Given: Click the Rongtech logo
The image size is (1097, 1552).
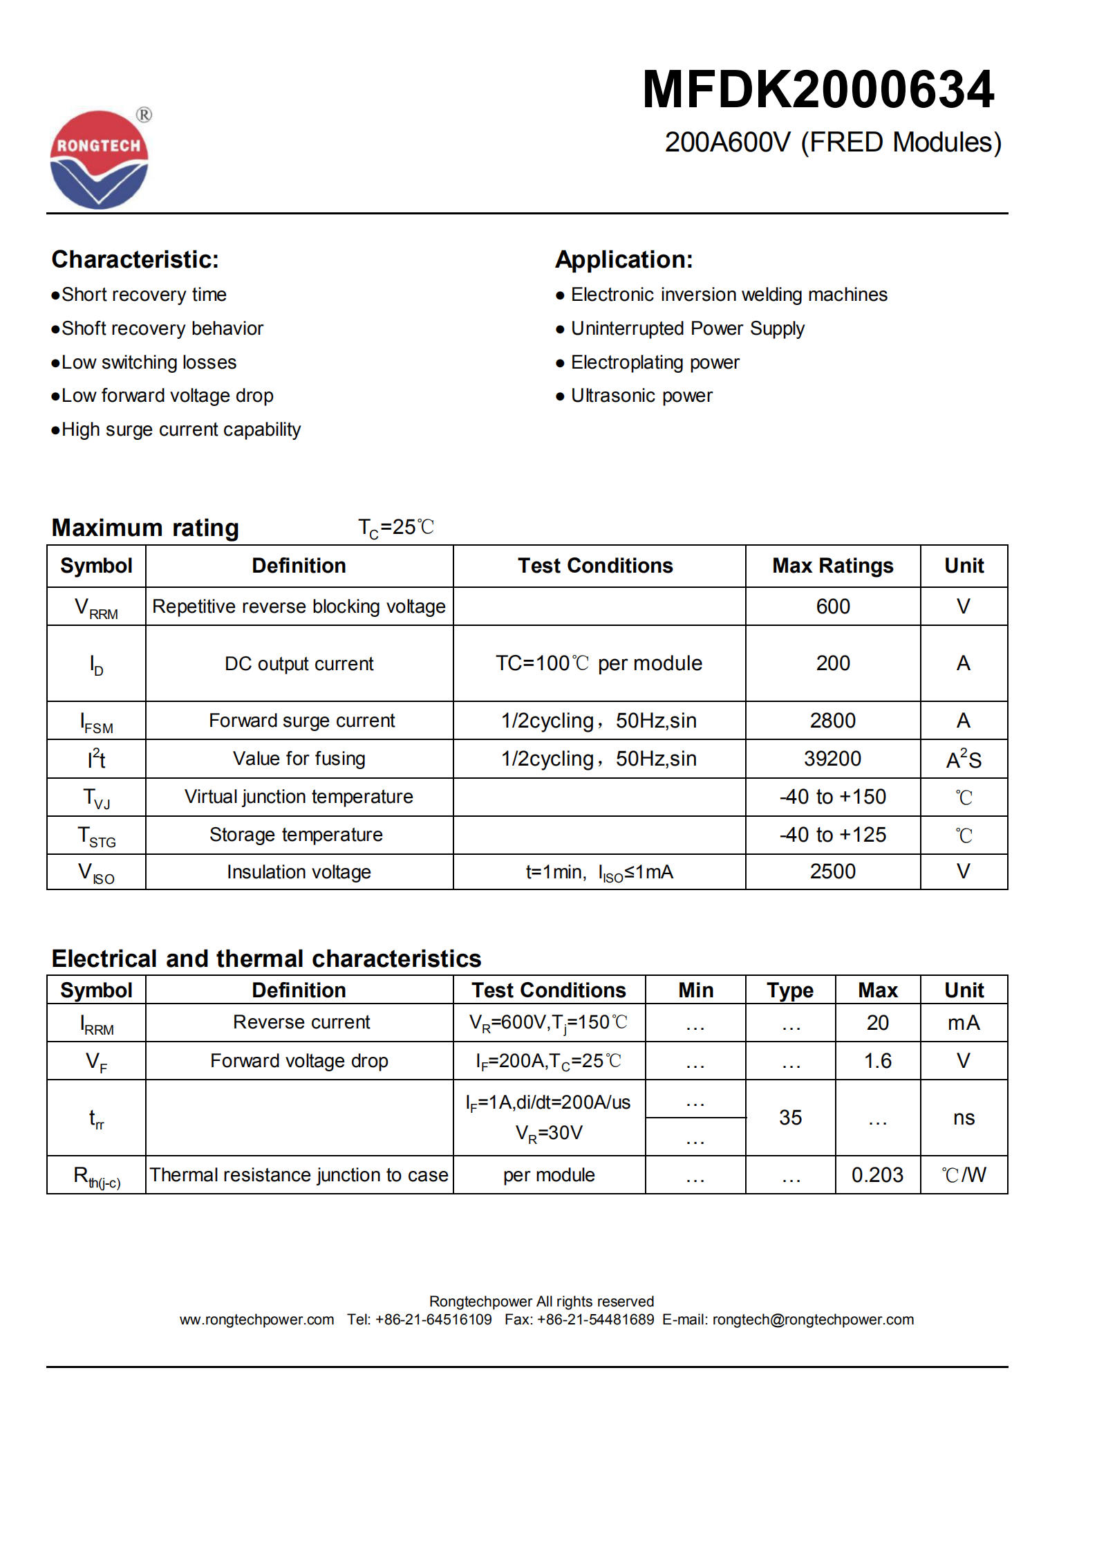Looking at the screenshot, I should pyautogui.click(x=99, y=160).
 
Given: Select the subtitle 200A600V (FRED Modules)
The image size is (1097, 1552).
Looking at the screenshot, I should pyautogui.click(x=832, y=142).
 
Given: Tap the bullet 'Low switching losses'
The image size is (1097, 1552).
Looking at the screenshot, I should pyautogui.click(x=148, y=362).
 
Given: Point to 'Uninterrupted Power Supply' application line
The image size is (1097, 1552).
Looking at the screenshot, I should pyautogui.click(x=687, y=329).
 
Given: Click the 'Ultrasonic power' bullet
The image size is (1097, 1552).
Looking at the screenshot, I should pyautogui.click(x=641, y=396).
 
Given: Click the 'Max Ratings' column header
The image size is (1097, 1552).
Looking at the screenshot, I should pyautogui.click(x=832, y=566).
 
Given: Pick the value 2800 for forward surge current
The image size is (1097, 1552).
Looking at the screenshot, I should pyautogui.click(x=832, y=721).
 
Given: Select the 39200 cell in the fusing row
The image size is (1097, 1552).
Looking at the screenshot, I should pyautogui.click(x=832, y=759).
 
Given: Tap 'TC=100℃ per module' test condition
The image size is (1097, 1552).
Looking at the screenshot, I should pyautogui.click(x=599, y=663).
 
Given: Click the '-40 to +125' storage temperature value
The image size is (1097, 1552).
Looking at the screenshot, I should pyautogui.click(x=832, y=835).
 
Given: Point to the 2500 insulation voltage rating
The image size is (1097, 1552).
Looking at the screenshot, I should pyautogui.click(x=832, y=871).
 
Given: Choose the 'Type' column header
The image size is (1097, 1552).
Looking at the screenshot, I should pyautogui.click(x=789, y=990).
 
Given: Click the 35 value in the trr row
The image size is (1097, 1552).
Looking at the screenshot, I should pyautogui.click(x=790, y=1118).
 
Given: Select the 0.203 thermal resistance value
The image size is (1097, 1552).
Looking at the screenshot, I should pyautogui.click(x=877, y=1175).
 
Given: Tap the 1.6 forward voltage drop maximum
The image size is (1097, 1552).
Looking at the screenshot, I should pyautogui.click(x=877, y=1061).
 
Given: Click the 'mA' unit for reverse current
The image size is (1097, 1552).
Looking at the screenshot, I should pyautogui.click(x=963, y=1023).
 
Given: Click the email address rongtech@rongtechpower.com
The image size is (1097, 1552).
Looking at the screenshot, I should pyautogui.click(x=813, y=1320).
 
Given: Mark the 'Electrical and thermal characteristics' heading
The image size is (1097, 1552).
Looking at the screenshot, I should pyautogui.click(x=266, y=959).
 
